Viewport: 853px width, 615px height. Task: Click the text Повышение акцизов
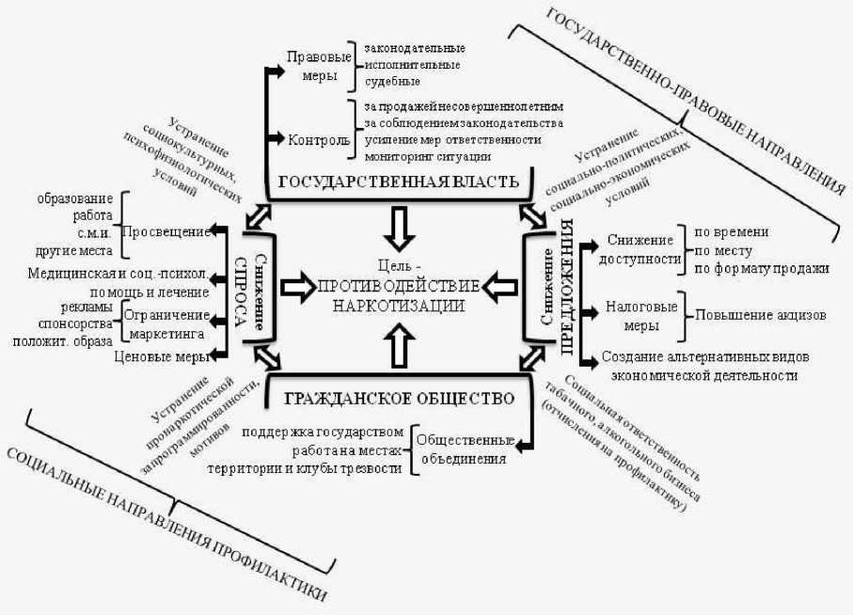coord(760,315)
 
